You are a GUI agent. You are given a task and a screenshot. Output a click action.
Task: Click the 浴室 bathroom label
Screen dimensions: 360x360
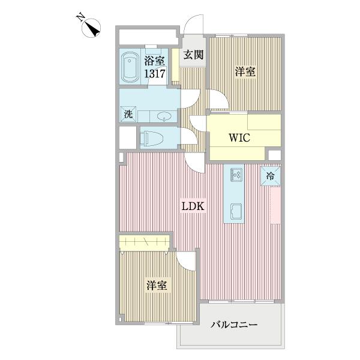(x=154, y=60)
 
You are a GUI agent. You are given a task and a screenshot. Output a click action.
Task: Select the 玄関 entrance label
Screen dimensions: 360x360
(x=193, y=55)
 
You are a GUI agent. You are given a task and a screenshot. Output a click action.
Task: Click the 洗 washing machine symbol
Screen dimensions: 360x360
(x=128, y=114)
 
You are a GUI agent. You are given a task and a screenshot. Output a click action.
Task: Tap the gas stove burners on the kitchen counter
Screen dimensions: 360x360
(x=235, y=175)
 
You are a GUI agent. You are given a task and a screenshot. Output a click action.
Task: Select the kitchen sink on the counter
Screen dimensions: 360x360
(x=235, y=211)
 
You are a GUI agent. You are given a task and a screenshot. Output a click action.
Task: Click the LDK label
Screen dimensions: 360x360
(x=194, y=206)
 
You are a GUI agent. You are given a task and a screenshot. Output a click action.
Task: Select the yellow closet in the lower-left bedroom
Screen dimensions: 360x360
(x=144, y=242)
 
